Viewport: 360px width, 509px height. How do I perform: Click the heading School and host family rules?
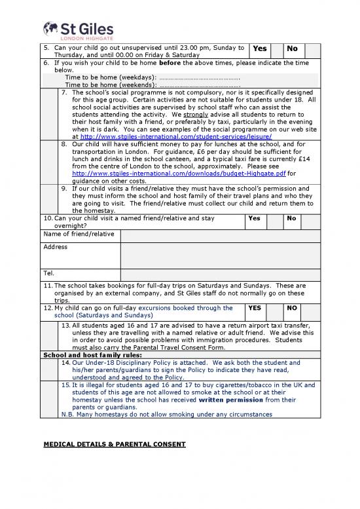click(x=83, y=354)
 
